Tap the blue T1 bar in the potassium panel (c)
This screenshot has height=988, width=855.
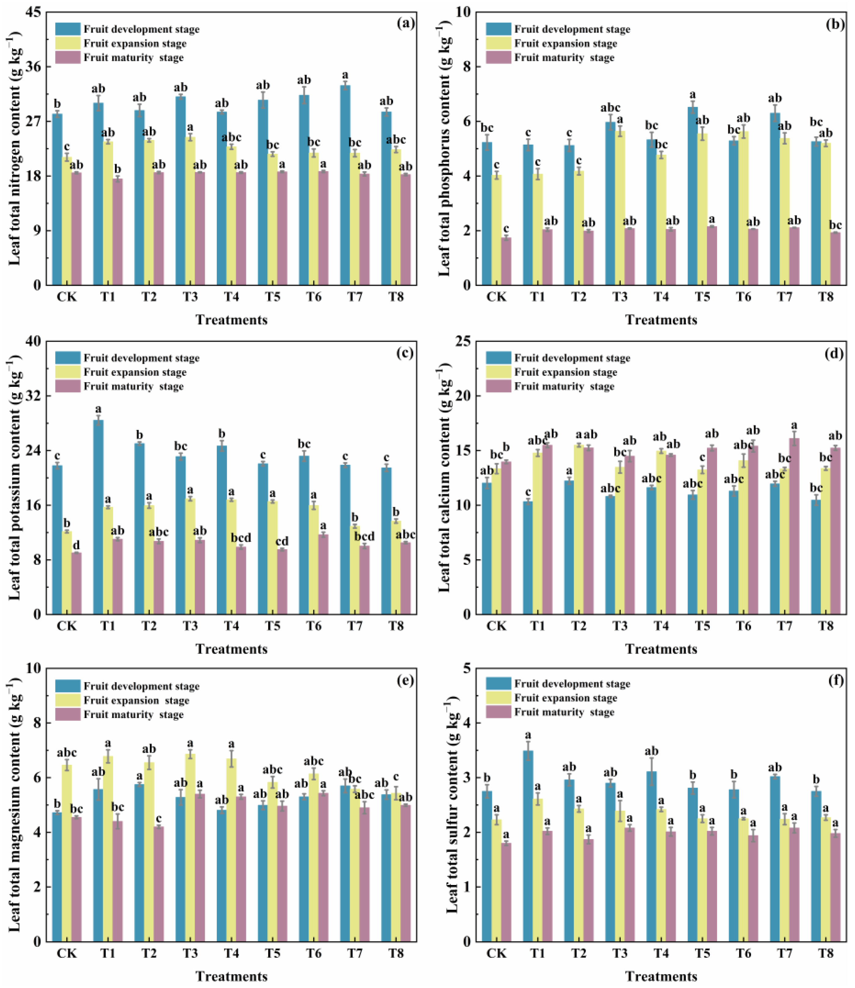tap(98, 517)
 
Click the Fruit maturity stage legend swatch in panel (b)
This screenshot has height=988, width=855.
tap(498, 58)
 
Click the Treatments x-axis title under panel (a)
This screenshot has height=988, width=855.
tap(231, 320)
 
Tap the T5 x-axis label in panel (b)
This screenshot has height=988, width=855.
tap(702, 297)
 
